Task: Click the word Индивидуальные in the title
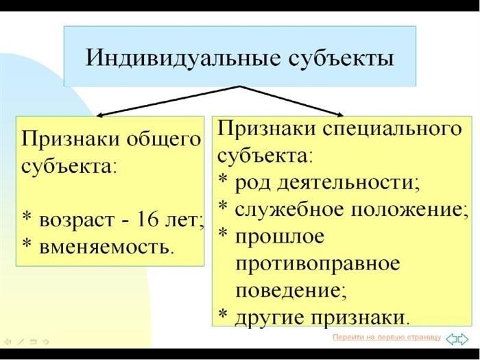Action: click(x=182, y=58)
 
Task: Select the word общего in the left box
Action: click(x=164, y=140)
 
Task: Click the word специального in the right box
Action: click(x=392, y=129)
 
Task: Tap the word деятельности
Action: click(x=348, y=183)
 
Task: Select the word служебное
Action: click(x=289, y=210)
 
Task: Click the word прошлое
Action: click(x=279, y=237)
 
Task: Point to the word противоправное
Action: click(x=317, y=264)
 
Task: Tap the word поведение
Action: click(x=291, y=290)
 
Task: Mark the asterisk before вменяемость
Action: click(x=28, y=243)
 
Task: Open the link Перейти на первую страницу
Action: click(x=387, y=337)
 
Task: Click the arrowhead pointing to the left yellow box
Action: click(x=99, y=115)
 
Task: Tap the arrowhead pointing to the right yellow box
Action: click(x=340, y=115)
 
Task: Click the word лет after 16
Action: click(x=184, y=220)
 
